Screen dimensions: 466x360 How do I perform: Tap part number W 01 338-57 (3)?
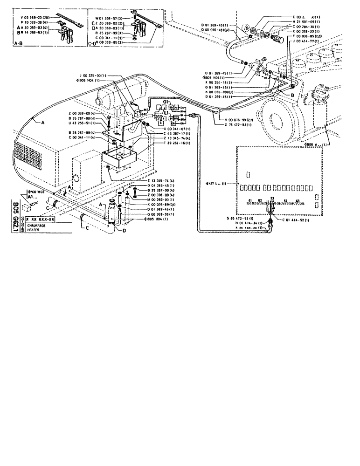tap(106, 18)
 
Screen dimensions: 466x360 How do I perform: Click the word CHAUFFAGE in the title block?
tap(37, 226)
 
